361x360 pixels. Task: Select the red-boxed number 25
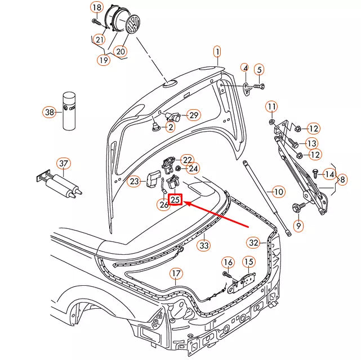175,199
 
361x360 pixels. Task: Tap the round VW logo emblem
134,25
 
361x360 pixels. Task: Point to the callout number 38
50,112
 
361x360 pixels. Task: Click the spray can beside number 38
69,110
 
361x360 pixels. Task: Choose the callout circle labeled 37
64,164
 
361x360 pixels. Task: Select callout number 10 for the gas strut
279,191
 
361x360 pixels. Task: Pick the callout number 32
253,242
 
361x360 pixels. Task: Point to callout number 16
228,262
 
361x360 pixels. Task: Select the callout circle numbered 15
248,262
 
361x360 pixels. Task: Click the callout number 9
298,226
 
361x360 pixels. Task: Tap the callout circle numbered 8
342,179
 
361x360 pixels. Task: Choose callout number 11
271,106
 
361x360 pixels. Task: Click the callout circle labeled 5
259,70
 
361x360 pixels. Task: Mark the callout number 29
193,115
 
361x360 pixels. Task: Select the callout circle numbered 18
97,7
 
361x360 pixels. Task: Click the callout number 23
134,181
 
